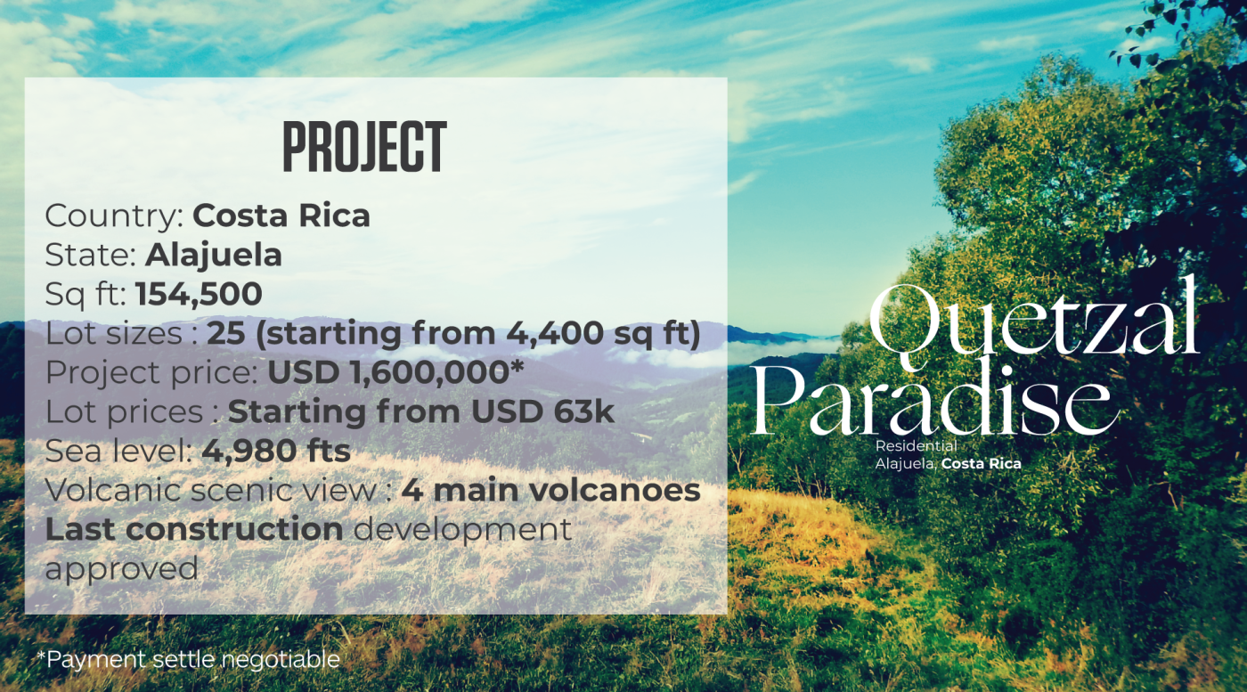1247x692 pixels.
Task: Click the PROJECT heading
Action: tap(364, 146)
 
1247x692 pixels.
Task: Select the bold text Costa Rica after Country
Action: tap(281, 216)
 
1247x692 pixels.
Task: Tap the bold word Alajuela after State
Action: tap(214, 256)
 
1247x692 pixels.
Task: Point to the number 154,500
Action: tap(199, 294)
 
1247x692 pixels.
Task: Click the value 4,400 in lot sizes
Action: tap(555, 333)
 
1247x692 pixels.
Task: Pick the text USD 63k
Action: tap(542, 412)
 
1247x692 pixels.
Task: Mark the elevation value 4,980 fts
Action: tap(276, 451)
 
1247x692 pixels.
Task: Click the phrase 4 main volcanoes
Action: tap(550, 491)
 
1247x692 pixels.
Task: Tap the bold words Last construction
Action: tap(194, 529)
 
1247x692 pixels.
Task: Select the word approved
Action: tap(121, 569)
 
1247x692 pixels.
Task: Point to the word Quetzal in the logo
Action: tap(1034, 320)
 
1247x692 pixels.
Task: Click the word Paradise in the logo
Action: tap(934, 399)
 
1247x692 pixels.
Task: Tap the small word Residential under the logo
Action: tap(916, 446)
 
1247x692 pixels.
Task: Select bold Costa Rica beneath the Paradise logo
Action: tap(982, 464)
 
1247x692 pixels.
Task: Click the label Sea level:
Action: tap(118, 451)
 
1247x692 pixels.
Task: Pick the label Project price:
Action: tap(151, 373)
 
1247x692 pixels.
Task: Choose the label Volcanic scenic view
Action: tap(211, 491)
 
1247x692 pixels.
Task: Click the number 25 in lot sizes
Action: tap(226, 333)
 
